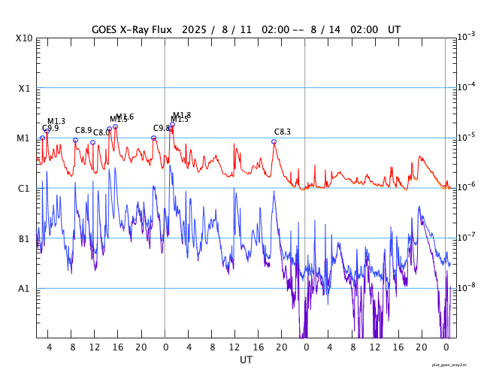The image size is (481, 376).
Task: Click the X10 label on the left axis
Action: (24, 38)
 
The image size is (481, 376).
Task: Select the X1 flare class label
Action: (24, 89)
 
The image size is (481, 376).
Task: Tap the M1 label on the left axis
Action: (24, 138)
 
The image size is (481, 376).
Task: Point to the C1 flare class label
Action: (24, 189)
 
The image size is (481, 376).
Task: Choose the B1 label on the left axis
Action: (24, 239)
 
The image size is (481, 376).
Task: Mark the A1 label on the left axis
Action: (24, 289)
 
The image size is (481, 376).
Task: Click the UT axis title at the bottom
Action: (246, 360)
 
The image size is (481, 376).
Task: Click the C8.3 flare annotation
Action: (282, 132)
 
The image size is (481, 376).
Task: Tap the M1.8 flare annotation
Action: (182, 115)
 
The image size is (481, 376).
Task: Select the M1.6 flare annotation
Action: (125, 117)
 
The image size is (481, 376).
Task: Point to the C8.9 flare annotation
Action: (83, 130)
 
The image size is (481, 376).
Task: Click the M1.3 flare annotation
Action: (56, 121)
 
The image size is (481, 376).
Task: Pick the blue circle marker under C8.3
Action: (274, 141)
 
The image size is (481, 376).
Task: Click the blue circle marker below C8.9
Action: (75, 140)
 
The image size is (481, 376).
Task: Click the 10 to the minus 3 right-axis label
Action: (466, 36)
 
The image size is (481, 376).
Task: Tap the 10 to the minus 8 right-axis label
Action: (466, 287)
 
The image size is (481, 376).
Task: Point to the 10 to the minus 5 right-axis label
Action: (466, 136)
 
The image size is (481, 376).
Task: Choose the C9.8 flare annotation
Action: (162, 129)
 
